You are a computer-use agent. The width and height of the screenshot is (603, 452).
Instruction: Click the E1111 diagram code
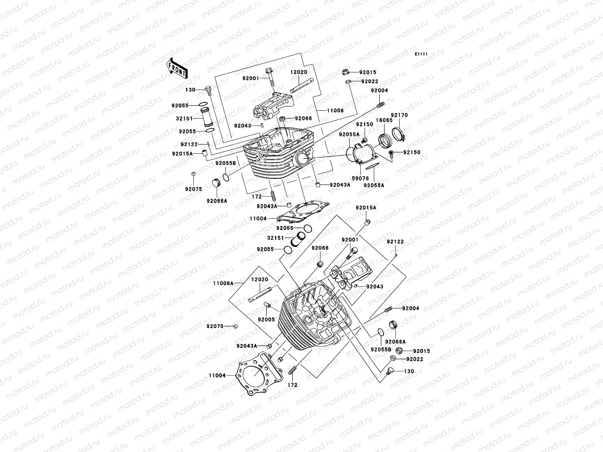click(421, 54)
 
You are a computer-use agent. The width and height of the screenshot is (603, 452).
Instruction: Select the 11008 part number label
click(335, 111)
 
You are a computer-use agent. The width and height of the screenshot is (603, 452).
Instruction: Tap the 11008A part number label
click(223, 283)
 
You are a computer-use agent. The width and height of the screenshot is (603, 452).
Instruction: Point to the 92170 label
click(399, 115)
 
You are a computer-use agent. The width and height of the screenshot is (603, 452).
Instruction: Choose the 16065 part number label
click(384, 120)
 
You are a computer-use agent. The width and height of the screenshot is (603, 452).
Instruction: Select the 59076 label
click(360, 179)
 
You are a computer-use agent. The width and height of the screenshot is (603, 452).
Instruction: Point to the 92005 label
click(266, 320)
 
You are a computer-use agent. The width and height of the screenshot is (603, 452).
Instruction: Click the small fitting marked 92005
click(267, 304)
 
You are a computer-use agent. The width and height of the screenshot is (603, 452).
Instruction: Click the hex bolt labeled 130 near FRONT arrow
click(209, 90)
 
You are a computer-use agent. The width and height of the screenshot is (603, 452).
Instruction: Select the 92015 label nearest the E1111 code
click(368, 72)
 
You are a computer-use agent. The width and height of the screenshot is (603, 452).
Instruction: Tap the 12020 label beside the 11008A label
click(260, 279)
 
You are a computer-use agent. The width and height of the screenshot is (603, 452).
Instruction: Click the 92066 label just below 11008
click(303, 119)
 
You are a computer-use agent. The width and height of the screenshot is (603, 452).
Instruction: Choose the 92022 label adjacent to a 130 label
click(415, 359)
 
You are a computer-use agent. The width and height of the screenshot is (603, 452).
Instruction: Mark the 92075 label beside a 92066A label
click(193, 189)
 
